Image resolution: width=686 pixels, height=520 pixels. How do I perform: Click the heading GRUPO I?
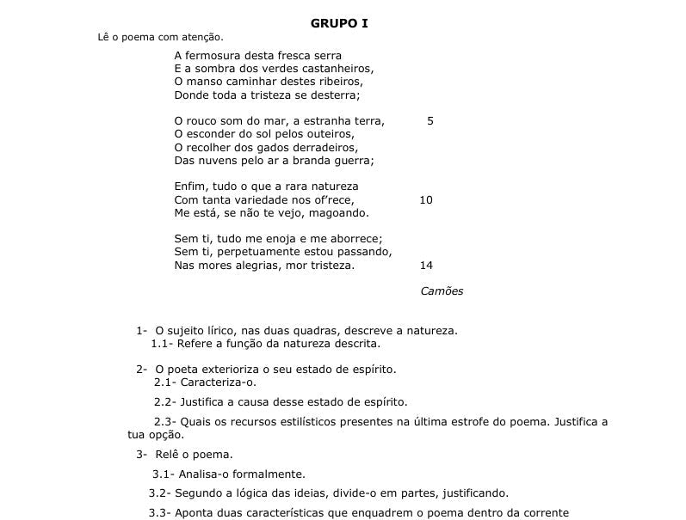point(339,22)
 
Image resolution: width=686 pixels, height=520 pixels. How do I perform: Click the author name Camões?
point(442,291)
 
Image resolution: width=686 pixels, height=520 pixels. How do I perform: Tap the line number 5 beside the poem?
point(430,121)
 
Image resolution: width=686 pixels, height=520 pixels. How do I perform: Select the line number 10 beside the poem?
point(426,200)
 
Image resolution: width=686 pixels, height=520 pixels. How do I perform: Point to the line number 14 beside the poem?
point(426,266)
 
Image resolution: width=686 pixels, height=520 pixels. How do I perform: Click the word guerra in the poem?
point(352,161)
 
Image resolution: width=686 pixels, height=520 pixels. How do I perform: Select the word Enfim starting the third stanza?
point(190,187)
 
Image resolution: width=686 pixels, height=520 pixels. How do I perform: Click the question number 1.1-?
point(162,344)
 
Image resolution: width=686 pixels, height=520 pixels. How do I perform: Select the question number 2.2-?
point(165,401)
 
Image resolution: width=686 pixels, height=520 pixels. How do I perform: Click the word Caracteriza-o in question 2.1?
point(219,382)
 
